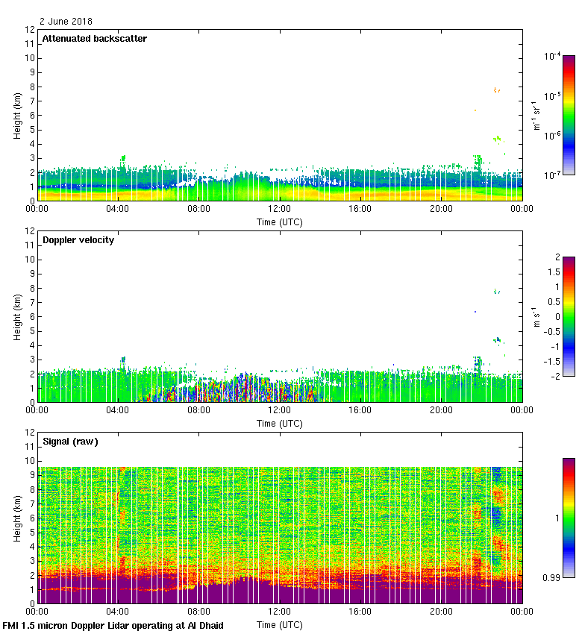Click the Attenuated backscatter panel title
(x=94, y=39)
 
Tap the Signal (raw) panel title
(x=70, y=442)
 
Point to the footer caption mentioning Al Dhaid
(x=113, y=625)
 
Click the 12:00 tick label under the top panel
(x=280, y=210)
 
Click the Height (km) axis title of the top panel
(x=17, y=116)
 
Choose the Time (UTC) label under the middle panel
(x=280, y=423)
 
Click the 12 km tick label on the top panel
(x=30, y=30)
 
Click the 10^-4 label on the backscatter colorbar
(x=553, y=56)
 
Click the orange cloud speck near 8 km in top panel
(x=496, y=90)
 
